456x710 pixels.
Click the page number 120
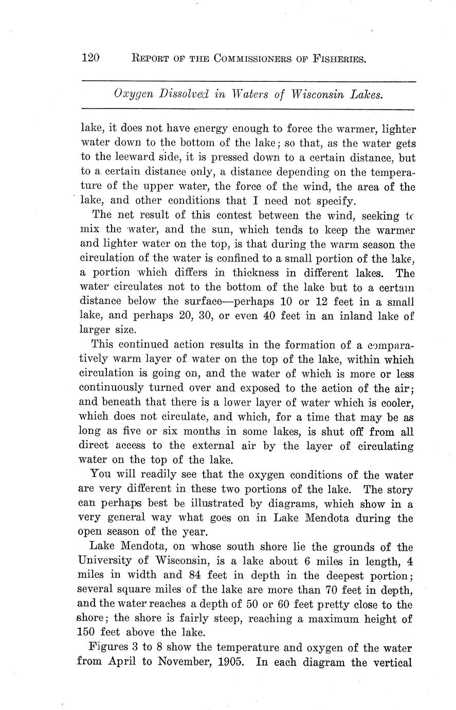(x=90, y=58)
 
